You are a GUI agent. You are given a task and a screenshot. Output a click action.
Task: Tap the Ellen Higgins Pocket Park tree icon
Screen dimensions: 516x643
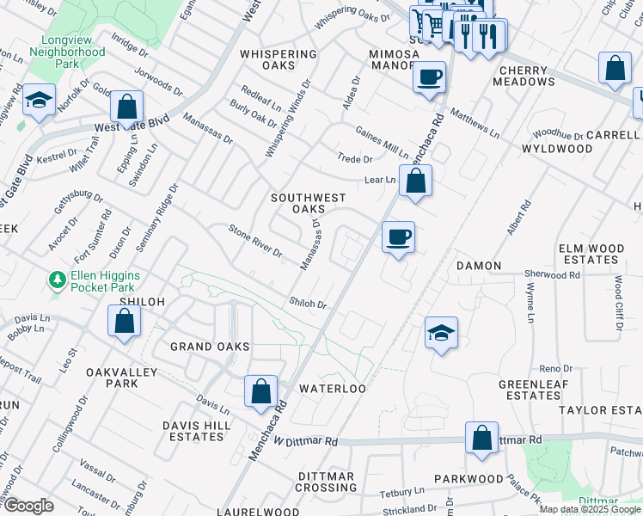[58, 280]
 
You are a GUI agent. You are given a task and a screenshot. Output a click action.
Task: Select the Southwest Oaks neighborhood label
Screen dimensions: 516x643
[297, 203]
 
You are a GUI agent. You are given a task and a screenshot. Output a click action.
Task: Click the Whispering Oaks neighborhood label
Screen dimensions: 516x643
[279, 60]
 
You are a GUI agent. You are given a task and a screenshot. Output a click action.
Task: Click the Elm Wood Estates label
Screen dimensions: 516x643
[590, 254]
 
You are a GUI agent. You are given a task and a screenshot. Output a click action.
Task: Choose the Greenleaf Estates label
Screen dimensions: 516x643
[534, 390]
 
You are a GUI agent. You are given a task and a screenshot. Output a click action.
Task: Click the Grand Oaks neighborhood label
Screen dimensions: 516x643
[209, 347]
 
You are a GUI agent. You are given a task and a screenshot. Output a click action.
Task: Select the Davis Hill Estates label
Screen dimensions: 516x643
[193, 431]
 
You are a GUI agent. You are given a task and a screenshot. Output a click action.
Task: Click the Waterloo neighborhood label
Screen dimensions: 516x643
[333, 389]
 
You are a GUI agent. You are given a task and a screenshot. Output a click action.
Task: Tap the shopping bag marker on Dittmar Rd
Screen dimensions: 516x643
[482, 437]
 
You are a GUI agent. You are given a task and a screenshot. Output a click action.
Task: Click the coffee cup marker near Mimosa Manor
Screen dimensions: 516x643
[429, 77]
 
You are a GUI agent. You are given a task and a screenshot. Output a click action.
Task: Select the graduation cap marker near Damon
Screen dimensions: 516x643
[441, 333]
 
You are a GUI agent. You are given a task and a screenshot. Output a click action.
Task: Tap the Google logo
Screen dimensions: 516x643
[28, 506]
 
